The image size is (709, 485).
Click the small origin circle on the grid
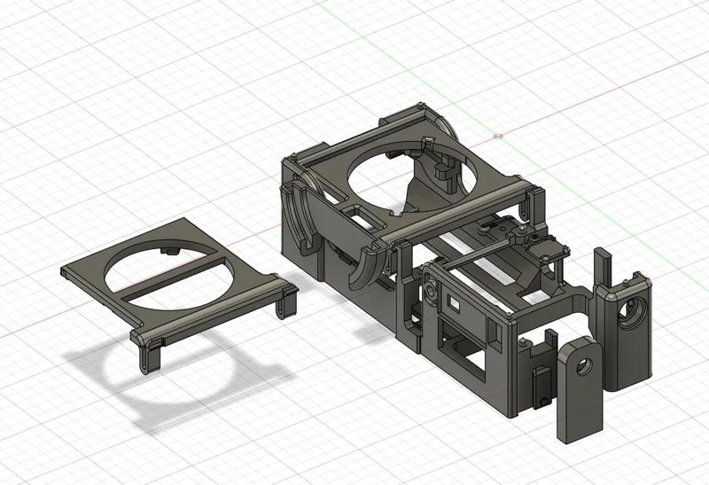click(498, 137)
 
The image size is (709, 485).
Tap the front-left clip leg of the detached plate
click(144, 355)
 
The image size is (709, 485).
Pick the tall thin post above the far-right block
click(602, 266)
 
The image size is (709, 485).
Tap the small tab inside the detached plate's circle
click(169, 252)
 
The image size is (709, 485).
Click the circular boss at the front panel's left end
click(429, 291)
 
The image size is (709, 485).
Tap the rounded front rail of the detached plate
click(213, 311)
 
